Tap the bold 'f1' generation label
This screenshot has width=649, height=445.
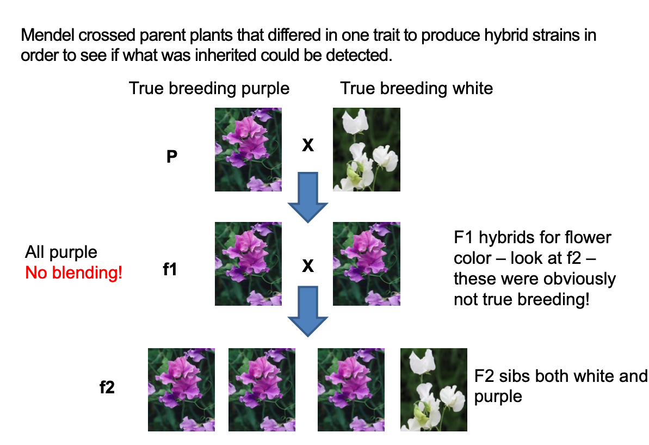click(x=170, y=269)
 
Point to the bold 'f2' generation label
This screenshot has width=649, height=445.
click(x=107, y=389)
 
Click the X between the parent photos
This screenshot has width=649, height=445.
click(x=308, y=145)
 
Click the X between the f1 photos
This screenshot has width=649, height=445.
click(x=308, y=265)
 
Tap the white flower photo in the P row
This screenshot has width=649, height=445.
click(x=366, y=150)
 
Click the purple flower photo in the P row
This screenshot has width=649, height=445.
click(x=248, y=150)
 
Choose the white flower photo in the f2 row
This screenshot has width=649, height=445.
click(x=433, y=390)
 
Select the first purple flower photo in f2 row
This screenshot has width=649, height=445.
click(x=181, y=390)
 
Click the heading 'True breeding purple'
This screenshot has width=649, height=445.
click(x=209, y=88)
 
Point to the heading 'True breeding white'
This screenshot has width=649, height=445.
click(x=416, y=88)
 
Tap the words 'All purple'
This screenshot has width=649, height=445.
click(x=61, y=252)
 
